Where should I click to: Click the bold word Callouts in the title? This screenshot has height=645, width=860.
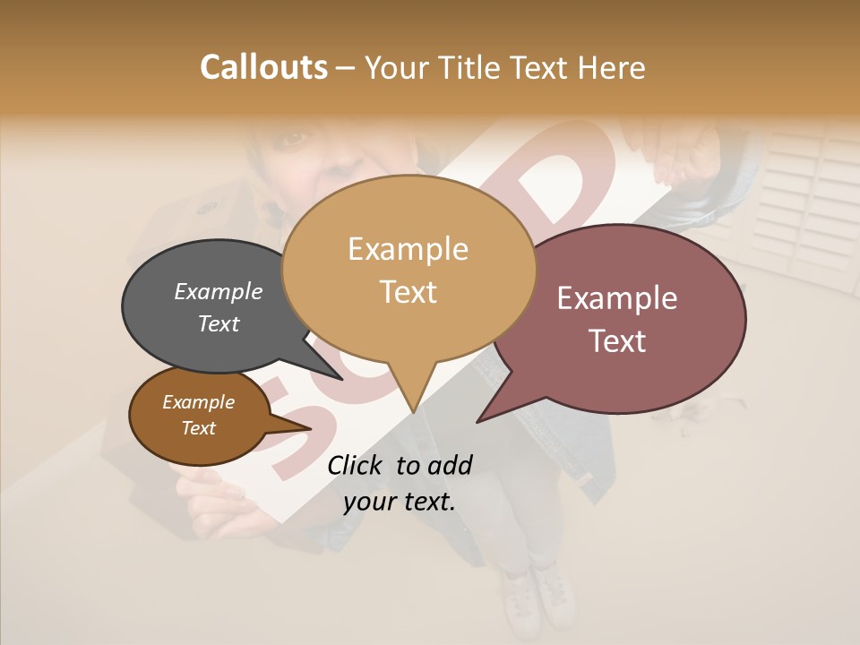pyautogui.click(x=263, y=67)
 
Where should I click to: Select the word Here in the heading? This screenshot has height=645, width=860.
pyautogui.click(x=610, y=68)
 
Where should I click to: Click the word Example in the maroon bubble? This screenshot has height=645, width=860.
pyautogui.click(x=617, y=298)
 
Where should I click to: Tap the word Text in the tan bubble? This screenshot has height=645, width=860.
pyautogui.click(x=408, y=292)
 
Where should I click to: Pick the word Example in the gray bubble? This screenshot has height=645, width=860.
pyautogui.click(x=219, y=292)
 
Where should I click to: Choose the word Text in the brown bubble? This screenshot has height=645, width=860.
pyautogui.click(x=199, y=428)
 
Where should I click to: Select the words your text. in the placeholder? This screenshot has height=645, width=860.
pyautogui.click(x=400, y=502)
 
